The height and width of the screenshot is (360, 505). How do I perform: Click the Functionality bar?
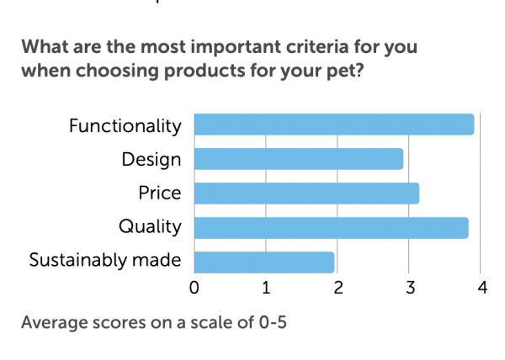pyautogui.click(x=334, y=124)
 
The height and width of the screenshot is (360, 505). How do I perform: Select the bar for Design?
pyautogui.click(x=299, y=159)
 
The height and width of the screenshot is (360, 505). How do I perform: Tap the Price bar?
pyautogui.click(x=306, y=193)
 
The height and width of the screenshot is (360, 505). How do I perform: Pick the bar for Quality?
pyautogui.click(x=331, y=227)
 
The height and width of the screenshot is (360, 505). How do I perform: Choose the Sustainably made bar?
pyautogui.click(x=264, y=262)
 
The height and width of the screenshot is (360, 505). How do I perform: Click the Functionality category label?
pyautogui.click(x=125, y=126)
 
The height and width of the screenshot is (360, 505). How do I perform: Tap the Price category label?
pyautogui.click(x=160, y=193)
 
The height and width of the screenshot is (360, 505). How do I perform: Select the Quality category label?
pyautogui.click(x=150, y=227)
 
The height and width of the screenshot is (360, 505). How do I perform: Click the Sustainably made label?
pyautogui.click(x=105, y=260)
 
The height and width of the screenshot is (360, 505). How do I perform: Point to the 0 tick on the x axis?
pyautogui.click(x=194, y=288)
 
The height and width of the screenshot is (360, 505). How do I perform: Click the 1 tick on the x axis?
pyautogui.click(x=266, y=288)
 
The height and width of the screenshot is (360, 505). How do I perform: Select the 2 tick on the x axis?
pyautogui.click(x=338, y=288)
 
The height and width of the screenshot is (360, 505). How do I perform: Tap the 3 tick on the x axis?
pyautogui.click(x=410, y=288)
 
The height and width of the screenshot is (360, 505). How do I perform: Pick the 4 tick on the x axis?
pyautogui.click(x=482, y=288)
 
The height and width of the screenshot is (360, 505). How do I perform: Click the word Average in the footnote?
pyautogui.click(x=52, y=322)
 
